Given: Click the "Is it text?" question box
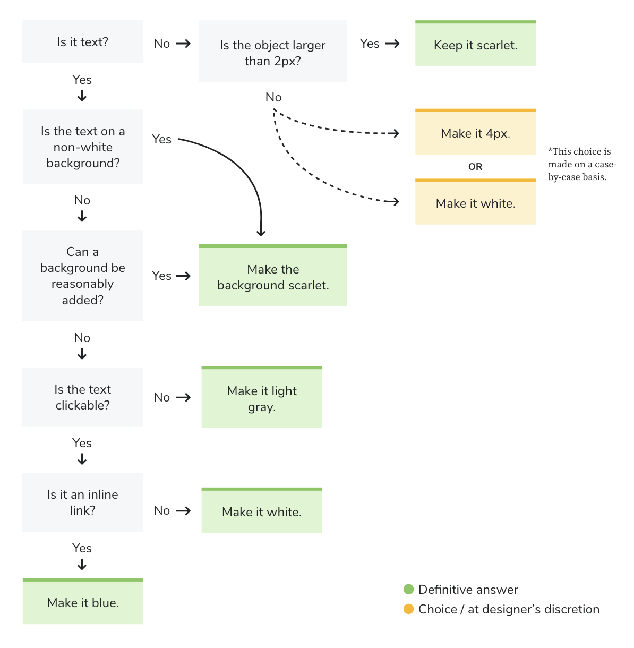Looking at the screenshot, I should point(82,42).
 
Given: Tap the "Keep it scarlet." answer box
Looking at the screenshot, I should point(475,45).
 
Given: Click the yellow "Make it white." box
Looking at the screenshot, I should point(475,203).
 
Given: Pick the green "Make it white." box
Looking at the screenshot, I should point(262,511).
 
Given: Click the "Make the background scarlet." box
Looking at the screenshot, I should point(273,277).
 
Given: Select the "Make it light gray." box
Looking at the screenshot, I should point(262,398).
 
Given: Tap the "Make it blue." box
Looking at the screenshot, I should point(83,602).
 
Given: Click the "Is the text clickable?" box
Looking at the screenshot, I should point(82,397).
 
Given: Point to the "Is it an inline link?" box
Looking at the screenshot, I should point(82,502).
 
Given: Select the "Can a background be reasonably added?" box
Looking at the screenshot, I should point(82,276).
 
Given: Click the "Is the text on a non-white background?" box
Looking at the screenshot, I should point(83,147).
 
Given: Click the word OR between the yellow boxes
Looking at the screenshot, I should point(475,167).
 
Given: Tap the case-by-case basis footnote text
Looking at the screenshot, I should point(581,164).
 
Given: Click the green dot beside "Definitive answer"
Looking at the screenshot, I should point(408,589).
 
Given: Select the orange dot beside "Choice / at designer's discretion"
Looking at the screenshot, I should point(408,609).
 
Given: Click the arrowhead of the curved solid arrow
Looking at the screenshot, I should point(261,233).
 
